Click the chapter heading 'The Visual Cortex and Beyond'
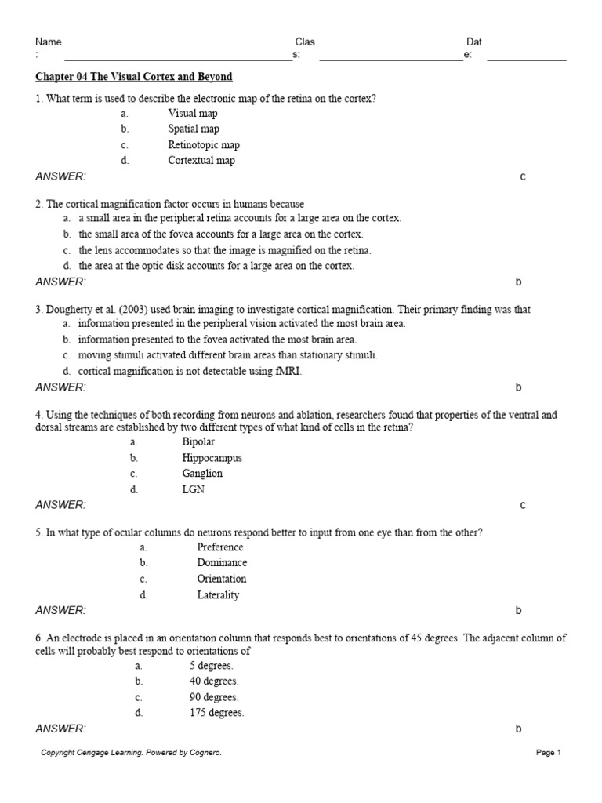tap(134, 77)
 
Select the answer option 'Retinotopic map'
tap(204, 145)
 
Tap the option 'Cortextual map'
tap(201, 161)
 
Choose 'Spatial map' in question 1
tap(194, 129)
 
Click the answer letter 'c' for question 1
tap(523, 177)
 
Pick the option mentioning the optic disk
tap(216, 266)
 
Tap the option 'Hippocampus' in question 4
tap(212, 458)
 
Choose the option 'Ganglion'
tap(202, 474)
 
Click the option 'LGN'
tap(193, 490)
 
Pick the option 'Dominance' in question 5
tap(222, 563)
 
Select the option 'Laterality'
tap(218, 595)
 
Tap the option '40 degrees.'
tap(214, 681)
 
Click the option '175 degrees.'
tap(216, 714)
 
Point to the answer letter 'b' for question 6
tap(518, 729)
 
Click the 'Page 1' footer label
tap(549, 753)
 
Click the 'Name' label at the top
tap(49, 42)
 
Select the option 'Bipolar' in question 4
tap(198, 442)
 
